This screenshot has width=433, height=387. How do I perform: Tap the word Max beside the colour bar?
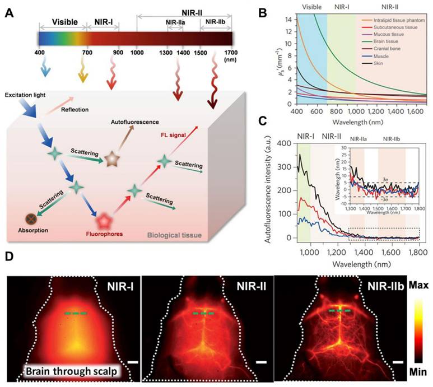tap(417, 286)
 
